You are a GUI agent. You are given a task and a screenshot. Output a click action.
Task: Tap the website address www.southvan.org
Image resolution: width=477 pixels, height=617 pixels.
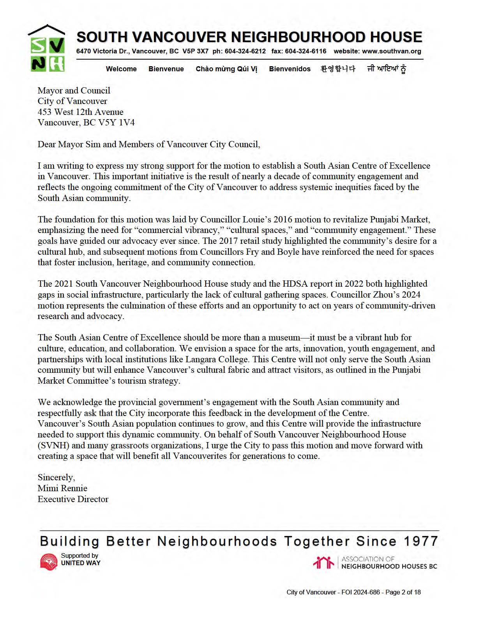click(391, 51)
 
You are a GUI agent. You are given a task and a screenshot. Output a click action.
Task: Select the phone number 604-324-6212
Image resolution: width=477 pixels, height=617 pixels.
click(245, 51)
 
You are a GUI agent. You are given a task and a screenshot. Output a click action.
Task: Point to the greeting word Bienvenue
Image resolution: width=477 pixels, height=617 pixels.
click(166, 69)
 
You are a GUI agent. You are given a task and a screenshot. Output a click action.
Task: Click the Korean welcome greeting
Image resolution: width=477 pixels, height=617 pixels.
click(338, 69)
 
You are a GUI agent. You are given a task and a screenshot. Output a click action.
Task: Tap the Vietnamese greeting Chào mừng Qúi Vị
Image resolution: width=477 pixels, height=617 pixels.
click(226, 69)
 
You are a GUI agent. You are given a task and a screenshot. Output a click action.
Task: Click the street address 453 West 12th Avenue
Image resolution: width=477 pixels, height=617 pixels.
click(80, 112)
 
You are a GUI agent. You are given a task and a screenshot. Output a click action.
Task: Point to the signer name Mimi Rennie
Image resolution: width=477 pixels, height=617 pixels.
click(62, 488)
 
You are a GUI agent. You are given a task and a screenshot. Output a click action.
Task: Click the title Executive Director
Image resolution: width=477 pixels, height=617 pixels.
click(73, 499)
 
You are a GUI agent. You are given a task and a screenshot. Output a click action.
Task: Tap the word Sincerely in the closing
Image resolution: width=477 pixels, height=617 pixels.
click(56, 478)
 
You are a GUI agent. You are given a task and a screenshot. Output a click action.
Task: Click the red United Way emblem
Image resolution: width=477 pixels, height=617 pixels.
click(49, 562)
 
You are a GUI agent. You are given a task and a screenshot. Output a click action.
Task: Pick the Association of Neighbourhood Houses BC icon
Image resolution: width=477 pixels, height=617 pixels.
click(323, 562)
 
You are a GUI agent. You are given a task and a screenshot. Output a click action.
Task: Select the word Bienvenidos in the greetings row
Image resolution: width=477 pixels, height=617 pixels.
click(290, 69)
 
